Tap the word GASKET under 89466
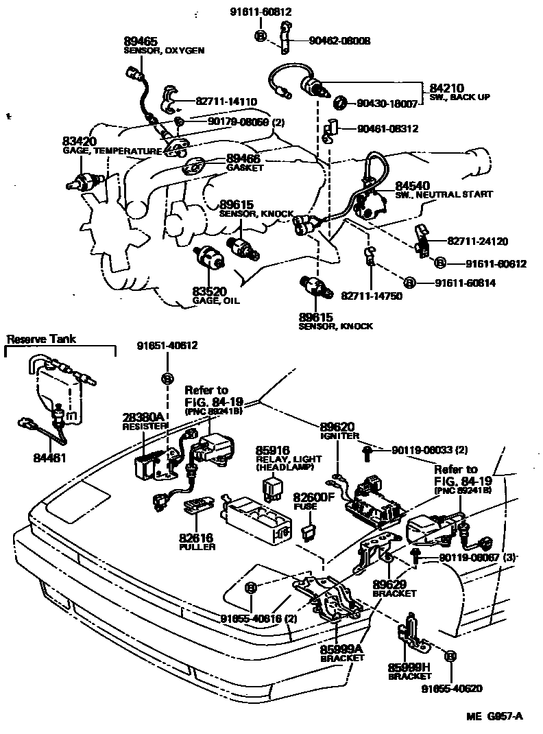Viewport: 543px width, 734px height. (x=245, y=167)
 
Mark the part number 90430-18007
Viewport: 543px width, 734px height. (x=387, y=104)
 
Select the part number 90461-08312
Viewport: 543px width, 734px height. (x=387, y=128)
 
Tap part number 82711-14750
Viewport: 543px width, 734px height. (x=372, y=296)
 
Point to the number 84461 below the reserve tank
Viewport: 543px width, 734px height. (x=49, y=457)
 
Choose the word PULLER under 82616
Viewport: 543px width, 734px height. (x=197, y=547)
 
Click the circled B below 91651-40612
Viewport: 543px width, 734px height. (x=167, y=378)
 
